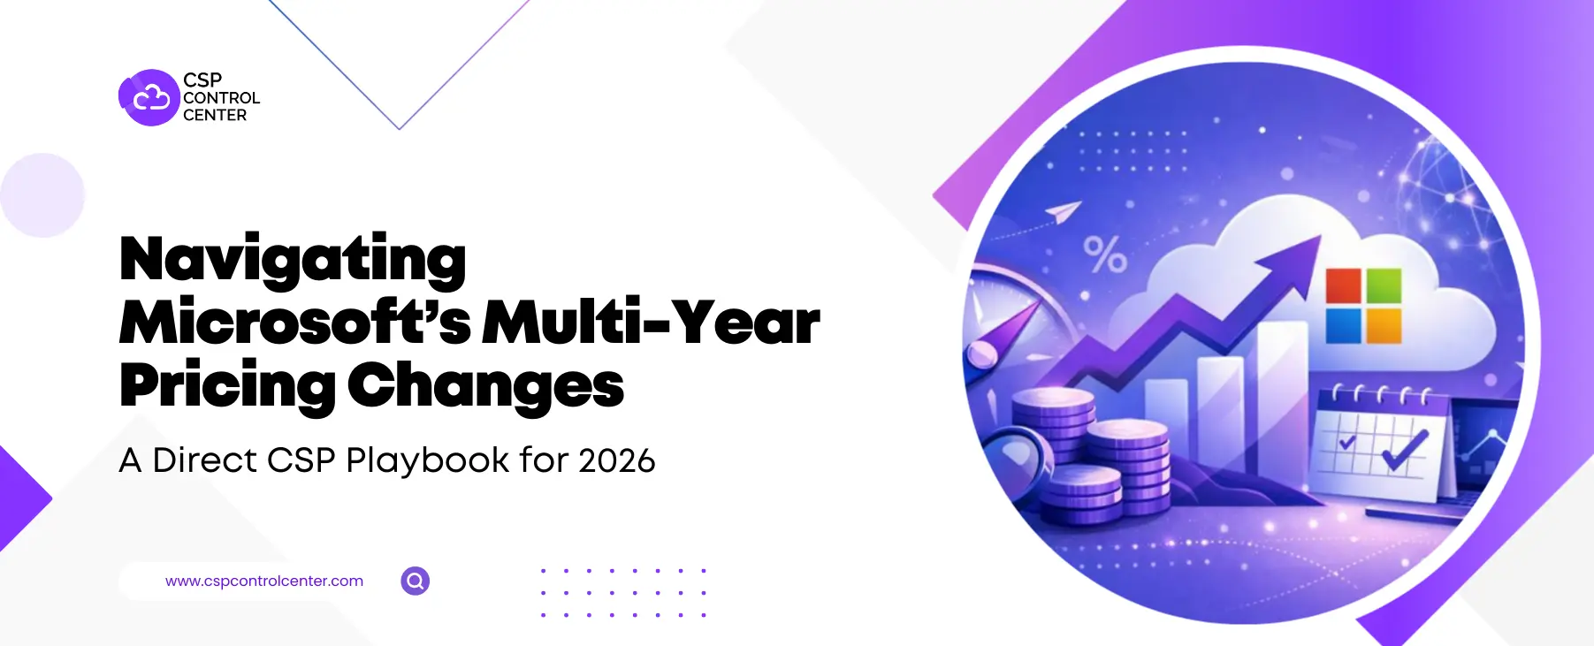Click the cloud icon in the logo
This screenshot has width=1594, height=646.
pos(149,97)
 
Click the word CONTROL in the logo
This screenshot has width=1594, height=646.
pos(221,98)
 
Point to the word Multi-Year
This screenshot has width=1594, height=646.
pos(652,323)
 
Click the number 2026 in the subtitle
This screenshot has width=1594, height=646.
pos(617,460)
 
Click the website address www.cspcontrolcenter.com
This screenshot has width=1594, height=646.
pos(264,581)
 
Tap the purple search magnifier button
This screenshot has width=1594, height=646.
pos(416,581)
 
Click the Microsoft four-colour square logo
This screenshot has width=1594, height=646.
pos(1363,306)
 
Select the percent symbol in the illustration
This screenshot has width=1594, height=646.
pos(1105,255)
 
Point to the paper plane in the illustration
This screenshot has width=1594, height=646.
pos(1064,211)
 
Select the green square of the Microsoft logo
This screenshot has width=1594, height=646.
pos(1384,285)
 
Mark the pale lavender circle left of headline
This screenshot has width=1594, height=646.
pos(42,195)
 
